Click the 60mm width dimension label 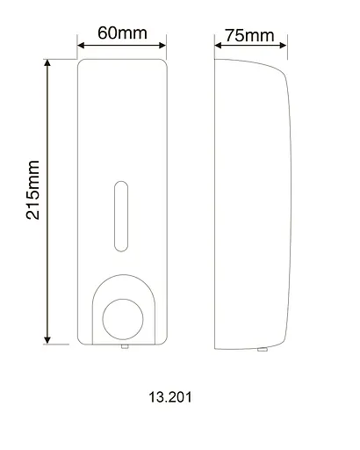click(121, 33)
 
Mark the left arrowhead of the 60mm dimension click(82, 47)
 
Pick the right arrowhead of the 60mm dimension click(163, 47)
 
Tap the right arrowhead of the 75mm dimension click(284, 47)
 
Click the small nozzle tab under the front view click(124, 348)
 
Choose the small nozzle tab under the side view click(262, 349)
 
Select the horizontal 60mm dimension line click(122, 47)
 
